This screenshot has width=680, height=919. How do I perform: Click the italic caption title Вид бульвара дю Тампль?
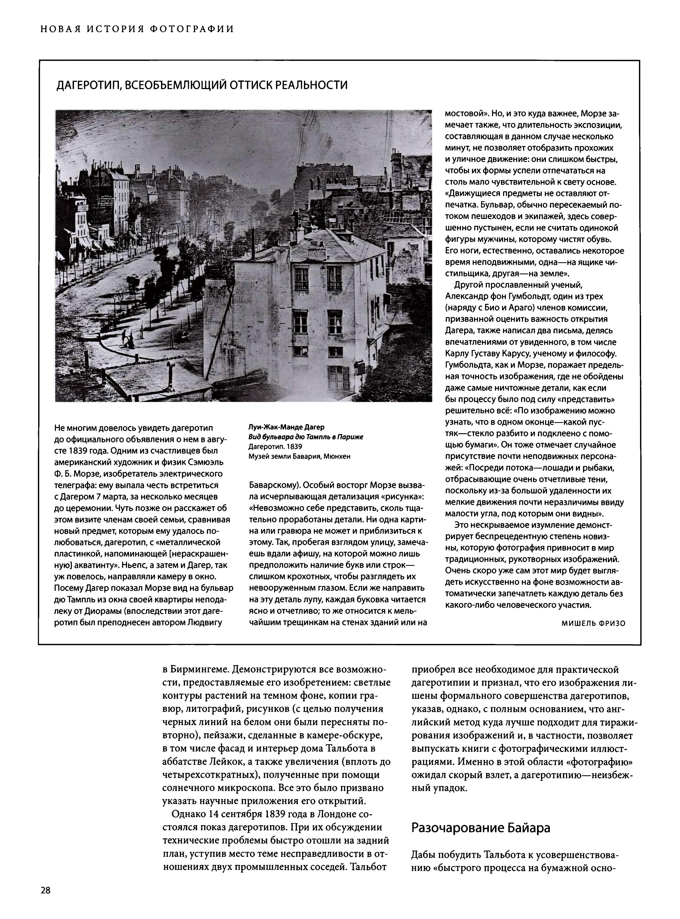[x=306, y=437]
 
